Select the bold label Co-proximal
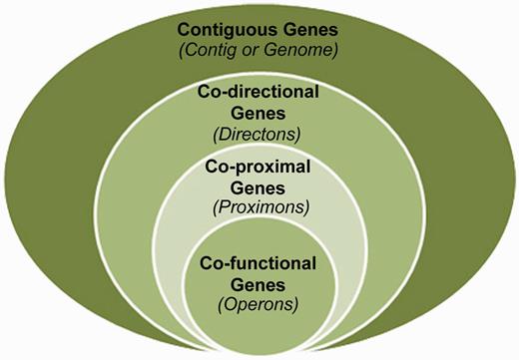coord(259,167)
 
